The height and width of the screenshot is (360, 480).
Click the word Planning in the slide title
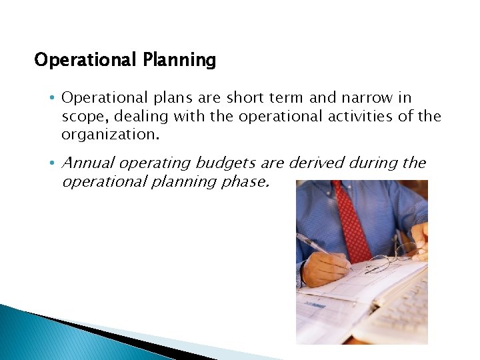tap(179, 61)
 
